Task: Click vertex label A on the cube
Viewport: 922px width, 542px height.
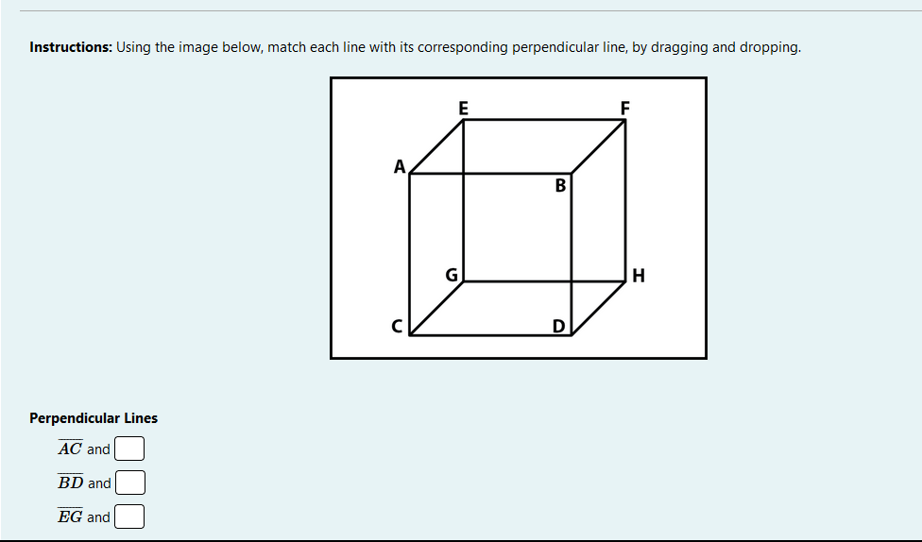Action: (x=400, y=167)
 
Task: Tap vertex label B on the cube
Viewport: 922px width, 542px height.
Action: (x=560, y=185)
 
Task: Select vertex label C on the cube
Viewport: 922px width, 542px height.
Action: (x=398, y=327)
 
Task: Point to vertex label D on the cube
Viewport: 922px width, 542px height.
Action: (x=559, y=327)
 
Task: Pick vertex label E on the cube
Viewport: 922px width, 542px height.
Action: (x=463, y=108)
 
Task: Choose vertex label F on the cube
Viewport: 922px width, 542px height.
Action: (x=624, y=108)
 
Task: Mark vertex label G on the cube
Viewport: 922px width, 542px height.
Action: (x=452, y=276)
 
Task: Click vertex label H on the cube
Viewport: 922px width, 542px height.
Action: (x=640, y=277)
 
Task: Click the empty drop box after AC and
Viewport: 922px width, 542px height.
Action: (x=129, y=449)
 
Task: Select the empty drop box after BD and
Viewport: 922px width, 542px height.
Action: (x=129, y=483)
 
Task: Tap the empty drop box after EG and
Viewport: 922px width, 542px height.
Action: (x=129, y=517)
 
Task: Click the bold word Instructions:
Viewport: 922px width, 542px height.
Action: (x=71, y=47)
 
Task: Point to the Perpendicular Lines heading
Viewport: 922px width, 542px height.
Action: (x=94, y=418)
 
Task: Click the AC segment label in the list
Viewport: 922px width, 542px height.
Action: (x=70, y=449)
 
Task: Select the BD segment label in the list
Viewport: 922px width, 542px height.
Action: (x=70, y=483)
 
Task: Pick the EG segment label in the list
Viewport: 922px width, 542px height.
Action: (x=70, y=517)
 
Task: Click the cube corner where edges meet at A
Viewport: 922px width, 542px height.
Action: (x=410, y=175)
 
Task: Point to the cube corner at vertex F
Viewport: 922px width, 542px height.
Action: (x=625, y=120)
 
